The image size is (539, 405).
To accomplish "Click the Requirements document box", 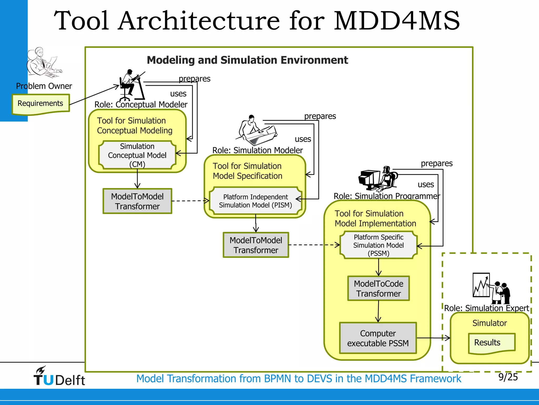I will [41, 104].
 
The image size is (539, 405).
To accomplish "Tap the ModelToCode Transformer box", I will [378, 288].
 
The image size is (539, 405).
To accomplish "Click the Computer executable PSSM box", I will [378, 338].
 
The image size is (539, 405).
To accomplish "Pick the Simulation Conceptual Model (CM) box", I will [137, 155].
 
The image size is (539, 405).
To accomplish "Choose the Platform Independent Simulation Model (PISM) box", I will [255, 201].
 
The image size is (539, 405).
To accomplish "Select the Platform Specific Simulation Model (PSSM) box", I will [378, 245].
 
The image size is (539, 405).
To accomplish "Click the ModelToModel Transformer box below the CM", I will [137, 201].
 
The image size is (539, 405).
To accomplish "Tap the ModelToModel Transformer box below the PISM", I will [256, 245].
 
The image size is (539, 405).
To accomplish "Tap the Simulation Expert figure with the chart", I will [491, 289].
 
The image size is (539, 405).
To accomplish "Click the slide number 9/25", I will [508, 377].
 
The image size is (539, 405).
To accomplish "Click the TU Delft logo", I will [59, 377].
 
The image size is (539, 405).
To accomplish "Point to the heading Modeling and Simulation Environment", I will [247, 60].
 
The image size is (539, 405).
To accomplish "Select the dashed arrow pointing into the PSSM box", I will [314, 245].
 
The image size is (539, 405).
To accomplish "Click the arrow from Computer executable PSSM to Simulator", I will [433, 338].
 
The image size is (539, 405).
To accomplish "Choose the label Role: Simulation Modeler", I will [257, 150].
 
